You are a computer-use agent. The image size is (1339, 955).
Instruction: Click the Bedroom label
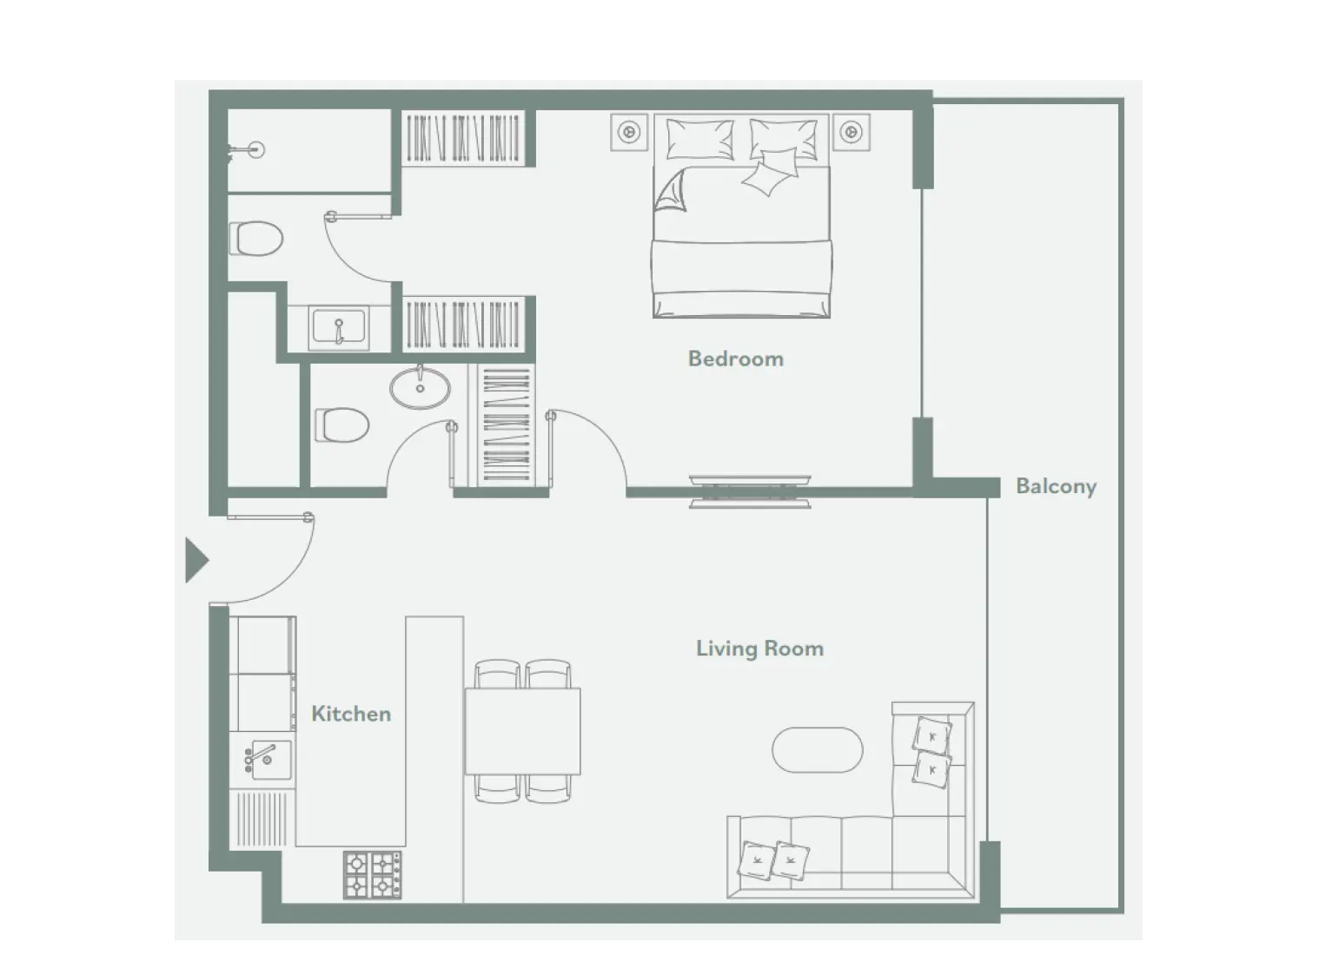click(735, 359)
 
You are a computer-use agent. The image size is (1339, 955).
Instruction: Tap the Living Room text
click(759, 649)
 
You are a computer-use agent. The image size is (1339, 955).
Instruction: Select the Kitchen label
click(351, 714)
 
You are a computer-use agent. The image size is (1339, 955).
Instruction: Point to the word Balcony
click(1056, 486)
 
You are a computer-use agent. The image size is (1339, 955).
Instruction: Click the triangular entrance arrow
click(196, 560)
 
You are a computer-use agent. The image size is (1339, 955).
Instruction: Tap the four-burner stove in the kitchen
click(373, 874)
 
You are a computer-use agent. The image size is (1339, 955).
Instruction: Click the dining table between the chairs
click(522, 731)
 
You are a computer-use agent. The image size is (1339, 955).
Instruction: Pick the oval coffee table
click(817, 750)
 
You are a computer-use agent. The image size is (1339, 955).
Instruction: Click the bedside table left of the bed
click(629, 132)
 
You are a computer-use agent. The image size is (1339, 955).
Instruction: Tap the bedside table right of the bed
click(852, 132)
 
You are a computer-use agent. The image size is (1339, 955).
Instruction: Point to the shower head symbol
click(254, 149)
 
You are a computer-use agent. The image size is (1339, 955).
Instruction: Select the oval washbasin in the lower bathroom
click(420, 387)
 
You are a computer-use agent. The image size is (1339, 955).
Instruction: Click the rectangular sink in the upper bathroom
click(339, 328)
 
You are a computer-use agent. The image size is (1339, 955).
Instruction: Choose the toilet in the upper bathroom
click(257, 238)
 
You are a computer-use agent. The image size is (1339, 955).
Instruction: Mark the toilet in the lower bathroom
click(342, 425)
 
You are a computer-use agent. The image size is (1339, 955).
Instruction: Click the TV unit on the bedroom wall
click(750, 491)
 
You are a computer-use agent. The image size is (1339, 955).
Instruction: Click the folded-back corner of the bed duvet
click(672, 192)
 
